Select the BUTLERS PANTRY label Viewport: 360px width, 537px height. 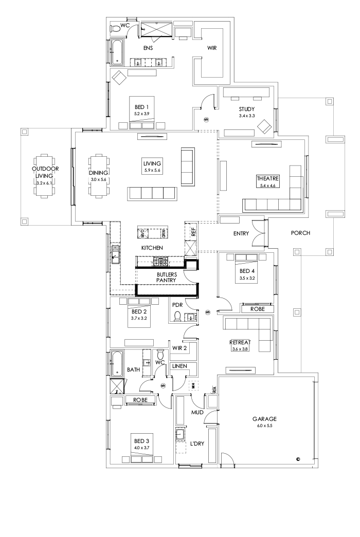(x=167, y=277)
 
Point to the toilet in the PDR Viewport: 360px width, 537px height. (x=177, y=316)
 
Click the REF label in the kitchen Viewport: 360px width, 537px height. (x=193, y=232)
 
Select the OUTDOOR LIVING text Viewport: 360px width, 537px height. (x=45, y=172)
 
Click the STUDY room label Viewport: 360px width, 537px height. (x=247, y=109)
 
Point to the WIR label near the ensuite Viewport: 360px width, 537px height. (x=212, y=48)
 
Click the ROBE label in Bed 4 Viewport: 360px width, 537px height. (x=257, y=309)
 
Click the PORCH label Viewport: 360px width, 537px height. (x=300, y=233)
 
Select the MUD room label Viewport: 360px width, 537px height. (x=199, y=412)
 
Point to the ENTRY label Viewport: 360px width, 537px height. (x=241, y=233)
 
